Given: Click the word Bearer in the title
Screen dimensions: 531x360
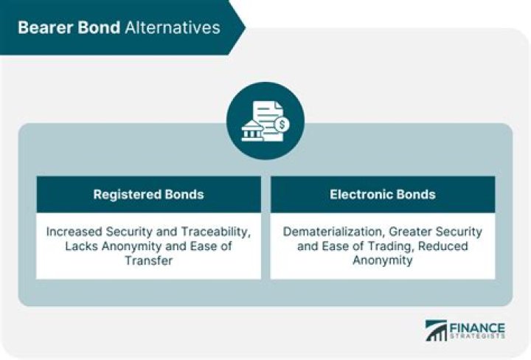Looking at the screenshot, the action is click(x=45, y=27).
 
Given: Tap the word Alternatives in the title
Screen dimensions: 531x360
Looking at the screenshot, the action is click(x=173, y=27).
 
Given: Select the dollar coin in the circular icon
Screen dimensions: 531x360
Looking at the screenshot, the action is click(x=282, y=125).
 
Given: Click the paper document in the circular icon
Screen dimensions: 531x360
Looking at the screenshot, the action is click(x=268, y=121).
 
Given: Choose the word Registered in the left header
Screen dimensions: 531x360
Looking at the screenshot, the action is click(x=127, y=195).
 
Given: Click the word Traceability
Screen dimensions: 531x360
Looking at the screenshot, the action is click(x=215, y=232).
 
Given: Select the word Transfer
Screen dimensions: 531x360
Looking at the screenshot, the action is click(x=149, y=260).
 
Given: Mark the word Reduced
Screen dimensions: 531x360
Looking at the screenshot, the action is click(x=443, y=246).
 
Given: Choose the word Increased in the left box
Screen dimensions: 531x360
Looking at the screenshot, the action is click(x=74, y=232).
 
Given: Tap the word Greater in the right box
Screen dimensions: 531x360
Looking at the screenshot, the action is click(x=410, y=232).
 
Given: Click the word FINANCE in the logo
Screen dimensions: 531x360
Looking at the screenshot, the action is click(x=477, y=328).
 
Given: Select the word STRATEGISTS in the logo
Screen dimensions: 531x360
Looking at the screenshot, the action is click(x=477, y=336).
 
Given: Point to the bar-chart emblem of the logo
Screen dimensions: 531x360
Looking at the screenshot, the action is click(x=436, y=330).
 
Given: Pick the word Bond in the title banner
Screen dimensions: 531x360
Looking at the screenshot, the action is click(x=99, y=27).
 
